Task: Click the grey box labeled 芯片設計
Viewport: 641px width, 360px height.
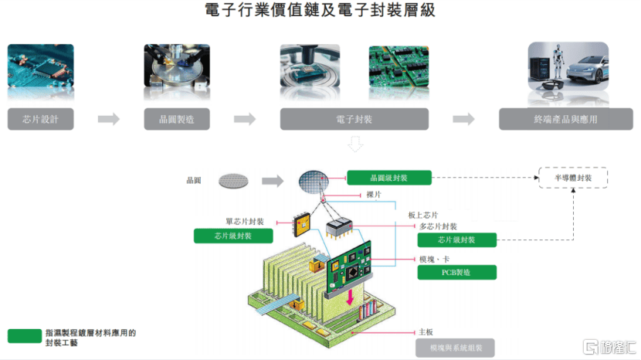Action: click(x=40, y=119)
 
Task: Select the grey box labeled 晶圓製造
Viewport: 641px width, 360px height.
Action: click(x=177, y=119)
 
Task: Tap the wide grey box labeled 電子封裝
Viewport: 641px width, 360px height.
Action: click(x=354, y=119)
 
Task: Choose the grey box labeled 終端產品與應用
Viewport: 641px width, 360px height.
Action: click(x=566, y=119)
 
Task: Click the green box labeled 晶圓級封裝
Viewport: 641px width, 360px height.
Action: click(x=388, y=178)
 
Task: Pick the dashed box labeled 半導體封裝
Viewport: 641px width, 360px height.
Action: click(x=573, y=178)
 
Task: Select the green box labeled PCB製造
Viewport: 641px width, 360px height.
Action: click(x=456, y=273)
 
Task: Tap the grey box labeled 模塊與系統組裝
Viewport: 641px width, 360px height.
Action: click(x=455, y=348)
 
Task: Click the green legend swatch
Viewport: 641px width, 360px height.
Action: click(x=25, y=336)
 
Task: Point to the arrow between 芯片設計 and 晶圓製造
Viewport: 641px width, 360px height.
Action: click(x=109, y=119)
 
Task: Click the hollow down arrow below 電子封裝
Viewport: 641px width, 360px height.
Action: click(x=354, y=144)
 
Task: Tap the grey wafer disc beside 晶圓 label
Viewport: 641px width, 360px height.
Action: click(x=233, y=181)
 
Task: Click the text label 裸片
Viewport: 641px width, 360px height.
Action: click(x=374, y=195)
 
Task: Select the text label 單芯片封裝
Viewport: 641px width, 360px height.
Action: click(x=245, y=221)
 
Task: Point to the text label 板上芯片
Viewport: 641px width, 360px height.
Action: click(x=423, y=215)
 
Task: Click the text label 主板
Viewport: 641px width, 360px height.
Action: click(x=426, y=331)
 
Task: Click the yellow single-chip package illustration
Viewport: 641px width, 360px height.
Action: click(x=302, y=224)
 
